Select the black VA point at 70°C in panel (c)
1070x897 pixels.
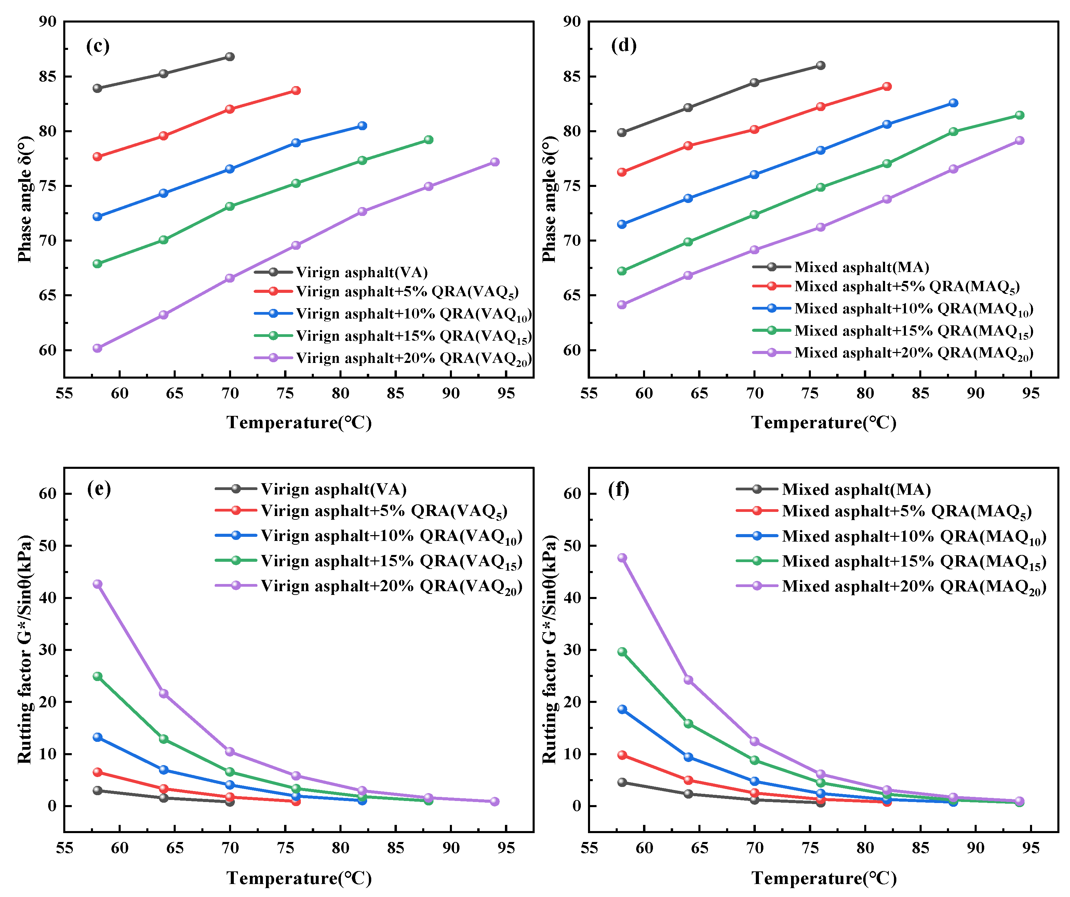pyautogui.click(x=230, y=56)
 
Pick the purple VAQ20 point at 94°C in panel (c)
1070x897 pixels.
pyautogui.click(x=495, y=162)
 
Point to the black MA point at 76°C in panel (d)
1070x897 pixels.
pyautogui.click(x=821, y=65)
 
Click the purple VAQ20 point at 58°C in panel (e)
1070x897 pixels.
pyautogui.click(x=97, y=584)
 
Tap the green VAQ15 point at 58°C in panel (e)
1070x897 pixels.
pyautogui.click(x=97, y=677)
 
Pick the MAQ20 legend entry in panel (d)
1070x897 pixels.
pyautogui.click(x=893, y=353)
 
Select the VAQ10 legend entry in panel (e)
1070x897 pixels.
pyautogui.click(x=369, y=536)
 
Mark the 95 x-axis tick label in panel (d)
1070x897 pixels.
pyautogui.click(x=1031, y=393)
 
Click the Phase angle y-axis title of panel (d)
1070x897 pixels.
pyautogui.click(x=549, y=199)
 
